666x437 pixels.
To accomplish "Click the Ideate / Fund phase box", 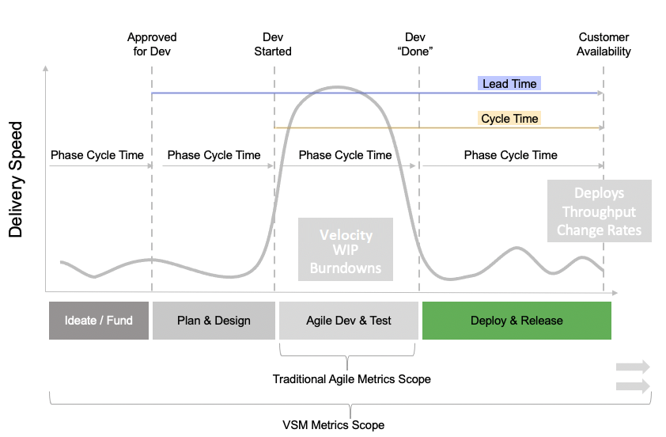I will [x=99, y=321].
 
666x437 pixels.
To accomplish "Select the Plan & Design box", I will [x=214, y=321].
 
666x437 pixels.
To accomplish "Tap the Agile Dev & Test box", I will [x=347, y=321].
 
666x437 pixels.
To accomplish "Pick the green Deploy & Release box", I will [x=517, y=321].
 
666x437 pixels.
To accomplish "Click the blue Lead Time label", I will [x=509, y=84].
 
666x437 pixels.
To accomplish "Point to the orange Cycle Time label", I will [x=509, y=119].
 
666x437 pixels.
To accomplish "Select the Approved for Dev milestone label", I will [x=152, y=44].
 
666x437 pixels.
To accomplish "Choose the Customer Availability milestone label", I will [x=604, y=44].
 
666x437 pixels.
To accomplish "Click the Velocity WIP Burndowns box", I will [x=346, y=251].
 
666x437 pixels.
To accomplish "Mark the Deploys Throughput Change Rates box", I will [x=599, y=211].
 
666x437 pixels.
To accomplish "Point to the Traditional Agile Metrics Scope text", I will [x=352, y=379].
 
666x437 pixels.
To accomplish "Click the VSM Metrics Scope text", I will [x=333, y=425].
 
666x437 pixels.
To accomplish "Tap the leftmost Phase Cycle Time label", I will [x=97, y=155].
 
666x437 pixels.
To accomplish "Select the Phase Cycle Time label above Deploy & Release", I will [x=511, y=155].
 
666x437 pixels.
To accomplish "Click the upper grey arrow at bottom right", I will [x=633, y=367].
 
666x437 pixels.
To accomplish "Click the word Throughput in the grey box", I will [x=599, y=212].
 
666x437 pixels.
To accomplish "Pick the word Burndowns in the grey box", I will [x=346, y=268].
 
